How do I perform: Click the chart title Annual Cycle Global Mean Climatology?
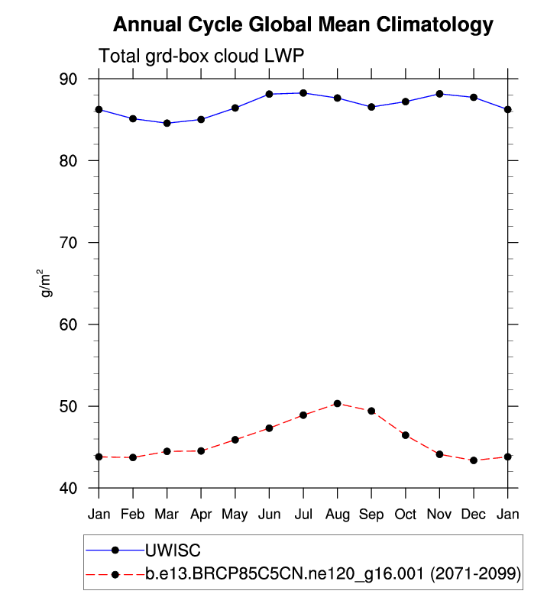(303, 25)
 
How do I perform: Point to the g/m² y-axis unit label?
(48, 283)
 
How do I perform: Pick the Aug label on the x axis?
(337, 515)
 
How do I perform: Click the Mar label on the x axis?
(167, 515)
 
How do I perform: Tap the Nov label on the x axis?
(439, 515)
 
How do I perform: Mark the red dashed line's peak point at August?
(337, 403)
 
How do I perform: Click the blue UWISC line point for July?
(303, 93)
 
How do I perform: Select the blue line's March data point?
(167, 123)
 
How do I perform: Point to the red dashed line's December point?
(474, 460)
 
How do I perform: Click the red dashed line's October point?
(405, 435)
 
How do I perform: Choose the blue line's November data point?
(439, 94)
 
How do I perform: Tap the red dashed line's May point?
(235, 440)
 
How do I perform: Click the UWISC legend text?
(173, 550)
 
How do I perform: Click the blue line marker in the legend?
(115, 550)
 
